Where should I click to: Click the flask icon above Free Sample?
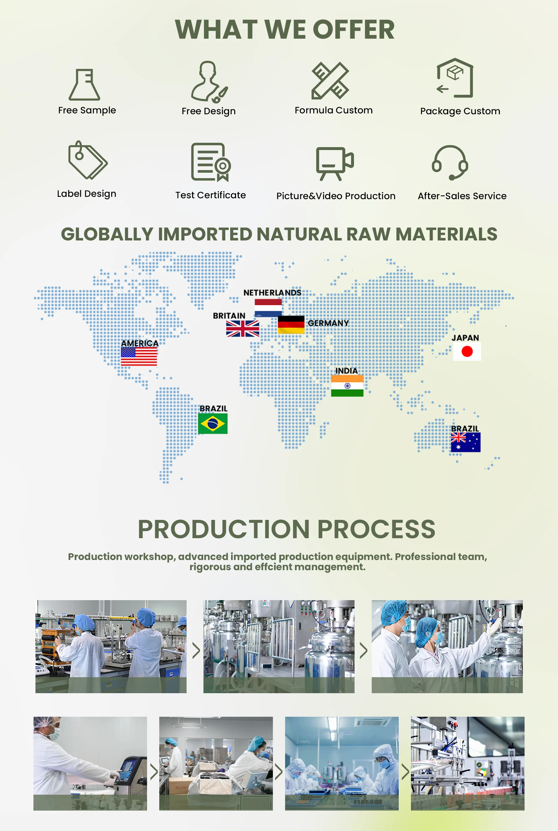tap(84, 84)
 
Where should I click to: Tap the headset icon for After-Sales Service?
tap(450, 162)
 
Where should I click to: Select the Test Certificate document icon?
tap(211, 162)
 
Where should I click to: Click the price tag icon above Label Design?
tap(87, 160)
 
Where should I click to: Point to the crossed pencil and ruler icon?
tap(330, 81)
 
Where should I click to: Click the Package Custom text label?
tap(460, 111)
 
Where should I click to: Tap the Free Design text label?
tap(209, 111)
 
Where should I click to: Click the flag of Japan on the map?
tap(467, 352)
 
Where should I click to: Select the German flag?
tap(291, 325)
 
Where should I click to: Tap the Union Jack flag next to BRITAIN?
tap(243, 329)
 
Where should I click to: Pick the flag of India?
tap(347, 386)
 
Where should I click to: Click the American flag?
tap(139, 356)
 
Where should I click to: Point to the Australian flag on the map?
tap(466, 442)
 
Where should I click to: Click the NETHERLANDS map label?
tap(272, 293)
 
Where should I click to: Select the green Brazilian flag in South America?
tap(213, 423)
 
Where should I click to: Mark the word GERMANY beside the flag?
tap(328, 323)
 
